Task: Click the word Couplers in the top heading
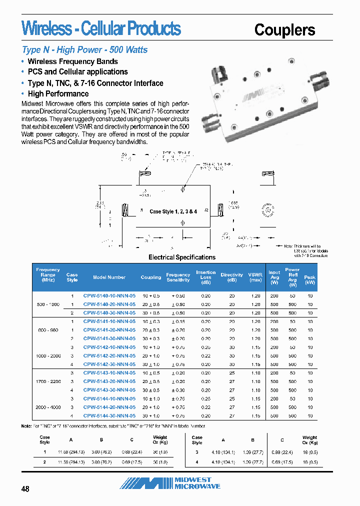284,30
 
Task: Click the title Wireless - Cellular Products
101,28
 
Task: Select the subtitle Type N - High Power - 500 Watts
84,50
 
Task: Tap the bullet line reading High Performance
58,94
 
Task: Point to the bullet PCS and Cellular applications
77,72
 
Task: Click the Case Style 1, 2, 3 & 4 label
173,211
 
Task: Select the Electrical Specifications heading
182,257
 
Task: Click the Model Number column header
109,277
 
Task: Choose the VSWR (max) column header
255,277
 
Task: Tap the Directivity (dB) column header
231,277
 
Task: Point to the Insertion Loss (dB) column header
206,277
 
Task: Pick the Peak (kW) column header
310,277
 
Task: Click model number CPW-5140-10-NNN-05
109,296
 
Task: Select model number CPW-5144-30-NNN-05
109,416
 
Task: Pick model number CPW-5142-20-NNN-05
109,356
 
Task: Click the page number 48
25,489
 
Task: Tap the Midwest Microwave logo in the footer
170,483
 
